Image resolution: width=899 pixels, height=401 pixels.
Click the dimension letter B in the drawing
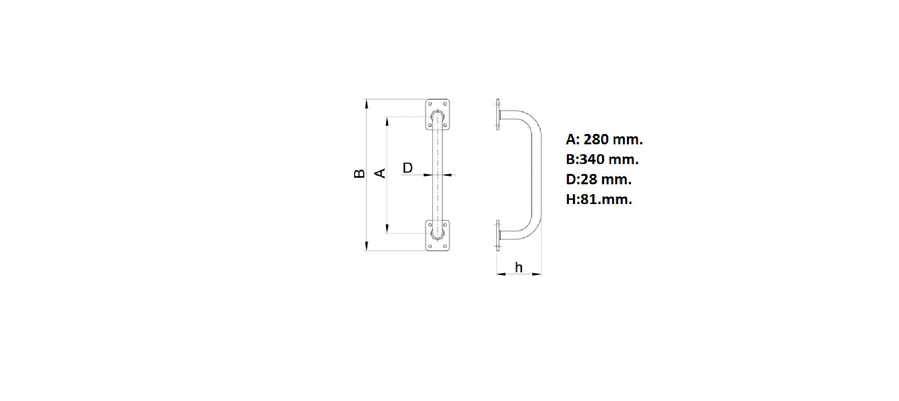pos(359,173)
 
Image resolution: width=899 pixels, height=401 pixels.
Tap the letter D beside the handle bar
pos(408,167)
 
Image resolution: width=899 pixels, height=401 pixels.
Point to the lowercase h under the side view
pos(519,267)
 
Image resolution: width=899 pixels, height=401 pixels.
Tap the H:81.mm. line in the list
pos(599,199)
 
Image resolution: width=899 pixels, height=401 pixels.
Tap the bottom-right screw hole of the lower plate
pos(445,246)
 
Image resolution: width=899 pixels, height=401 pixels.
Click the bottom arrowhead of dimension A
pos(387,228)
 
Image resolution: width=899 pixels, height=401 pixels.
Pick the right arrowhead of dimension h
pos(536,274)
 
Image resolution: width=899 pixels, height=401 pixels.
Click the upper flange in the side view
pos(498,114)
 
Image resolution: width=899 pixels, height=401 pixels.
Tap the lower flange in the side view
pos(498,235)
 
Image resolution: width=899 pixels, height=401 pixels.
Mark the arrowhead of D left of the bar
pos(428,175)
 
